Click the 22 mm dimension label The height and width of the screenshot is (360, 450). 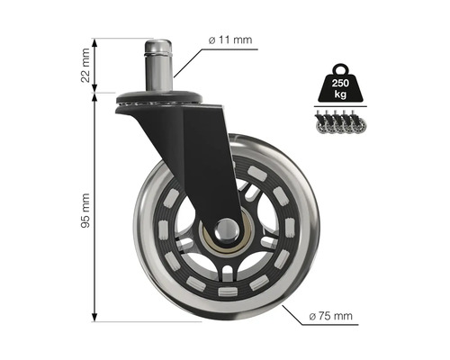tap(83, 64)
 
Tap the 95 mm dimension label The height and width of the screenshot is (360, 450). tap(83, 208)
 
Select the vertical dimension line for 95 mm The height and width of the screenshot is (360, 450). tap(96, 207)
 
